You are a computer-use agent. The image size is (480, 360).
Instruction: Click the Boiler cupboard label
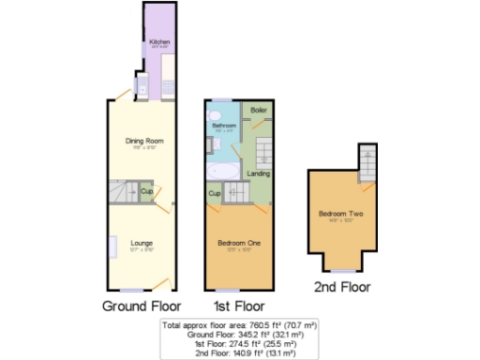coord(258,111)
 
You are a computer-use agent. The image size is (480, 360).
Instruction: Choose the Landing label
coord(258,174)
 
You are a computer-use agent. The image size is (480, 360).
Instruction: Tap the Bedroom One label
coord(239,244)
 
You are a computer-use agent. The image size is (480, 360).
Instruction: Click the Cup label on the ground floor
coord(146,193)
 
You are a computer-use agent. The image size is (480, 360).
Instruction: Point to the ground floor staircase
coord(119,192)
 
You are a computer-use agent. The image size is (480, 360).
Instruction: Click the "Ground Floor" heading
coord(141,306)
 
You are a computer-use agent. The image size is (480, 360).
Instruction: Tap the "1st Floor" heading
coord(239,306)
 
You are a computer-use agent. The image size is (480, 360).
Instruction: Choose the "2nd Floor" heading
coord(342,287)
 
